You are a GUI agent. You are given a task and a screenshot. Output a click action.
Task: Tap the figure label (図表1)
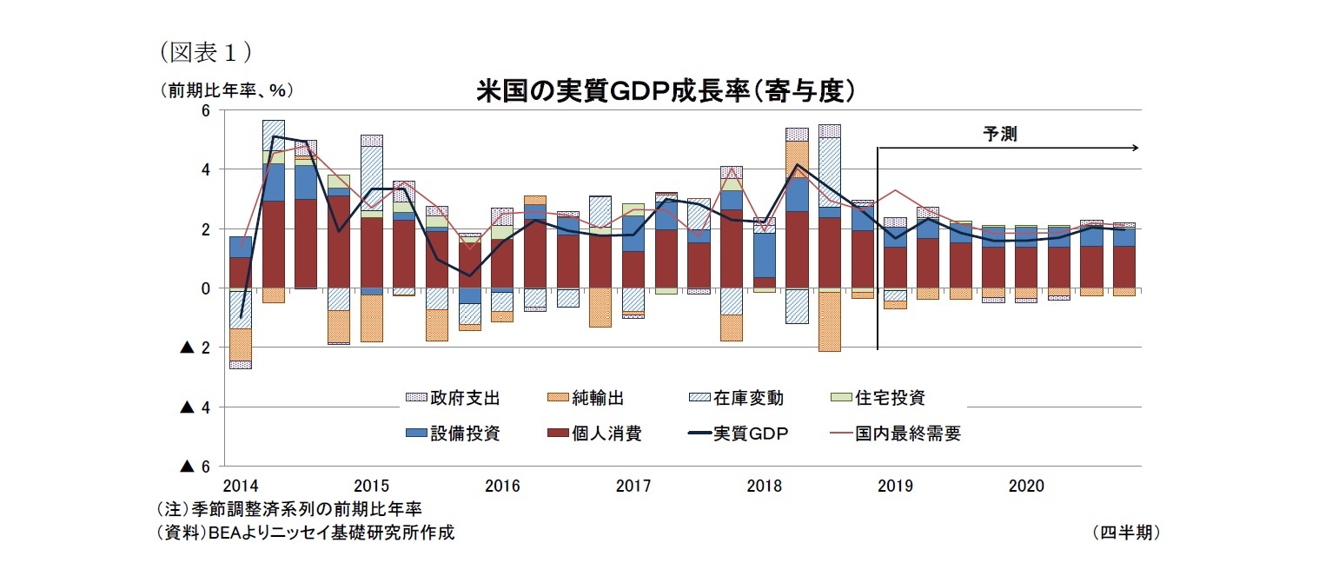(206, 53)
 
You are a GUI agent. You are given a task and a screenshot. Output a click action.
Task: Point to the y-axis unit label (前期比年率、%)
(225, 90)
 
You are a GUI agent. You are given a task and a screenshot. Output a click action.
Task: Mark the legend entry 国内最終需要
(908, 433)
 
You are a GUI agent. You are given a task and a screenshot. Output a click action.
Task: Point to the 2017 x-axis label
(633, 485)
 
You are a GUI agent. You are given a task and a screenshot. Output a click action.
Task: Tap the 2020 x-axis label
(1025, 485)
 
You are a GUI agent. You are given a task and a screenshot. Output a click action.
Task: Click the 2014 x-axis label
(240, 485)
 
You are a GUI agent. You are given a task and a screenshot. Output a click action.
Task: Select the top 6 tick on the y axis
(206, 110)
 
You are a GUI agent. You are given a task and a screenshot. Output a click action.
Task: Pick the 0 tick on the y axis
(206, 288)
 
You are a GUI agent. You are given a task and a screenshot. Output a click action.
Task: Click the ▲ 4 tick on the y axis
(196, 407)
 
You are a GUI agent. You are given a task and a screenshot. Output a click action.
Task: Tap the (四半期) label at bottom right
(1126, 533)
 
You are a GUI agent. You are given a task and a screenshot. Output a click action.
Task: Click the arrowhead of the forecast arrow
(1134, 149)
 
